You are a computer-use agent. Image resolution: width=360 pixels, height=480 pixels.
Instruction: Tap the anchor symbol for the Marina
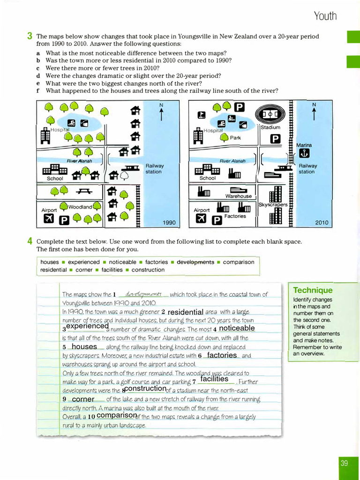[304, 154]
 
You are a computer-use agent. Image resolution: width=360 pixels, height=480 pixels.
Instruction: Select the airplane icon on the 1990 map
[48, 219]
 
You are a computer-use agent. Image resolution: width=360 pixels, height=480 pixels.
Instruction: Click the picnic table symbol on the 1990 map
[84, 191]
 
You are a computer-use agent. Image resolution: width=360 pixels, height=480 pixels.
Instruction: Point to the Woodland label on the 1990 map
[80, 207]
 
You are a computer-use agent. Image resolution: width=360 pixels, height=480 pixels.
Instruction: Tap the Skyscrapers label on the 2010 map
[273, 205]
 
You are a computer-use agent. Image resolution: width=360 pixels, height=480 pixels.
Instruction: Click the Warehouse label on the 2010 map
[238, 196]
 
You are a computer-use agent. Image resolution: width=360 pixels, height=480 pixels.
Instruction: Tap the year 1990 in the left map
[169, 223]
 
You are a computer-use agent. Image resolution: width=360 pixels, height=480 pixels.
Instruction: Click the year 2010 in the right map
[322, 223]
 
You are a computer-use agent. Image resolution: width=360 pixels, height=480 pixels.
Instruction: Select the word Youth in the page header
[325, 16]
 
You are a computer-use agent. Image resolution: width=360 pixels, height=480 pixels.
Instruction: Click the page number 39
[345, 463]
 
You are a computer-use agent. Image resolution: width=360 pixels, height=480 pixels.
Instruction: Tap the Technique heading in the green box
[313, 290]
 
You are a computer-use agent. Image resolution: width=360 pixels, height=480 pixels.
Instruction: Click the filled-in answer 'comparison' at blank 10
[116, 415]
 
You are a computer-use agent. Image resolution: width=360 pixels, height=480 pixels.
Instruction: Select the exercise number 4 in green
[30, 242]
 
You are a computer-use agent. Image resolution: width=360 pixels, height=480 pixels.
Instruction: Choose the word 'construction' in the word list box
[148, 270]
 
